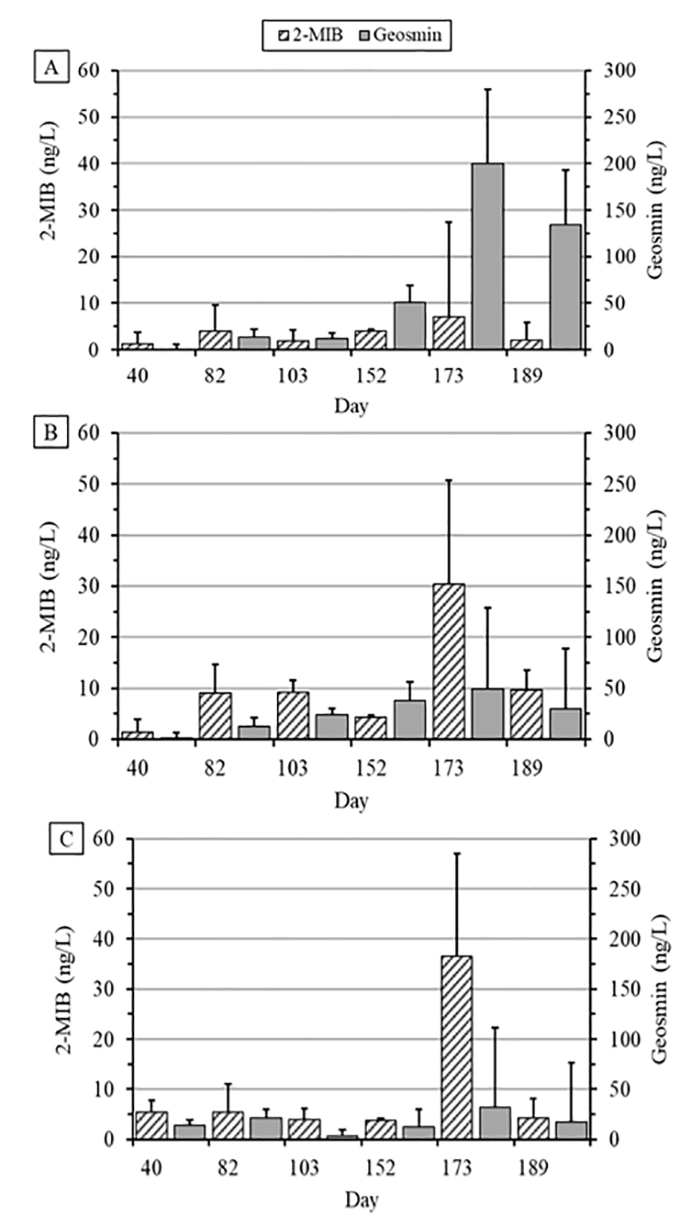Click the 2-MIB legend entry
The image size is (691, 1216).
311,34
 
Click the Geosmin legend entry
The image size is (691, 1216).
401,34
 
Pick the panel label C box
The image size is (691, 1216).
66,839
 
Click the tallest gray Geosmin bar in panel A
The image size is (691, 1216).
487,256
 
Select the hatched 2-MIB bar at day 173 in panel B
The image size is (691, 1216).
448,661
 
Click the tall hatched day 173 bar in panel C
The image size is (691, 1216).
456,1048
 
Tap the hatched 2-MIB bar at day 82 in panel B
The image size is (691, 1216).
214,715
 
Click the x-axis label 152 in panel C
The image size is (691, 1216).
380,1167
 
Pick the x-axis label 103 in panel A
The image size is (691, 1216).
292,376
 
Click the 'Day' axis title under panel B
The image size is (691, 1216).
351,800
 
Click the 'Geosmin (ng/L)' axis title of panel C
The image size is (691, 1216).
659,989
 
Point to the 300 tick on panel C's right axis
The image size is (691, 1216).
623,839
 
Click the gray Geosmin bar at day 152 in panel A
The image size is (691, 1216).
410,326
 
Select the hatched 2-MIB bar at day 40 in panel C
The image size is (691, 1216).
151,1125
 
